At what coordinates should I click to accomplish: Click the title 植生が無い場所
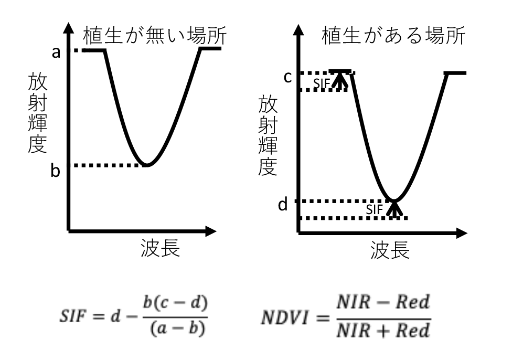155,35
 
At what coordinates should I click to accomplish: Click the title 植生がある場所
393,35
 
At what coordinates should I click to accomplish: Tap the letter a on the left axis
56,52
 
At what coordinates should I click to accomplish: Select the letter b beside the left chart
56,171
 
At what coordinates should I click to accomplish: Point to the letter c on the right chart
287,77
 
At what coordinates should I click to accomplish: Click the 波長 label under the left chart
161,248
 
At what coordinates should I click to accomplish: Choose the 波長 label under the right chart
390,250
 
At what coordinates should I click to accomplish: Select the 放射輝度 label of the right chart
268,135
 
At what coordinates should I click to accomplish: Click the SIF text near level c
322,84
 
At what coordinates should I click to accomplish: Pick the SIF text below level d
374,209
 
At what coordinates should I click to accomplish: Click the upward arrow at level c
340,80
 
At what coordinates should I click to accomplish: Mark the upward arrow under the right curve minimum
395,209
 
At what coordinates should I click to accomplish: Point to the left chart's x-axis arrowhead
211,231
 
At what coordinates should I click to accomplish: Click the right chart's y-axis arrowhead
298,29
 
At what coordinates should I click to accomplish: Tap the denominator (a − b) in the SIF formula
177,329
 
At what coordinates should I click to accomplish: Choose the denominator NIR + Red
383,331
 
